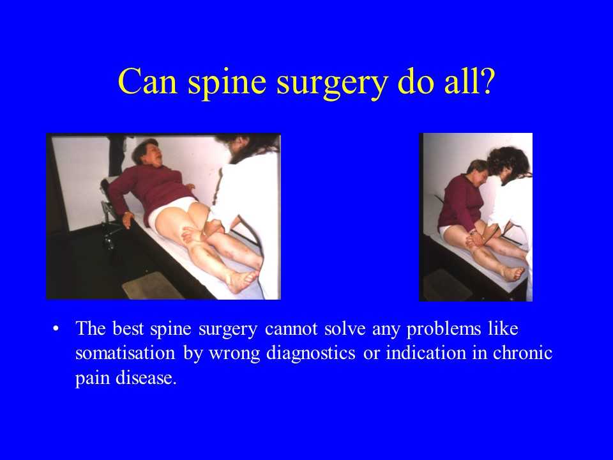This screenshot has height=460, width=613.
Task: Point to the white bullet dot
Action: coord(56,328)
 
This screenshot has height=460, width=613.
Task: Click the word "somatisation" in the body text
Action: coord(125,353)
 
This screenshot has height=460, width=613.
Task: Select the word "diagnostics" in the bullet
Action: coord(311,354)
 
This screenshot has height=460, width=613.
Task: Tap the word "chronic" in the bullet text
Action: coord(522,353)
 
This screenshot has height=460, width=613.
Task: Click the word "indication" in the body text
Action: coord(426,353)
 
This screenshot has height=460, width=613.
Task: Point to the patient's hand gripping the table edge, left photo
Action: coord(128,219)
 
